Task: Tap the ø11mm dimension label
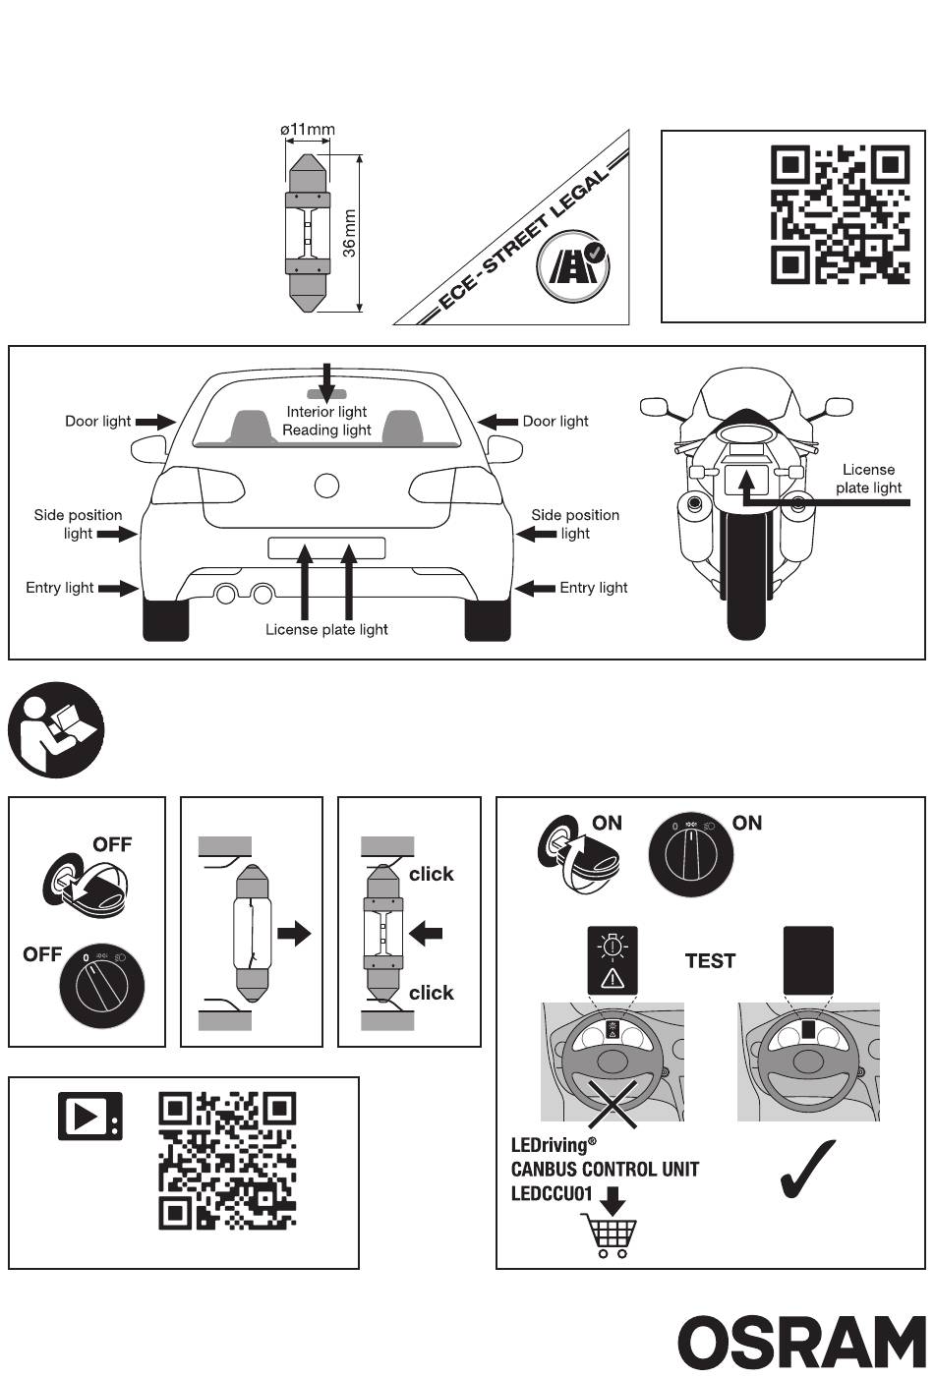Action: coord(308,130)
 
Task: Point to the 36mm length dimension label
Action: coord(349,233)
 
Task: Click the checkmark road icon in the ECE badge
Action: coord(573,265)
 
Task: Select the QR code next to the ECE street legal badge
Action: coord(841,214)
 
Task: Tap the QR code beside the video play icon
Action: coord(228,1161)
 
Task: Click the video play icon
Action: coord(89,1116)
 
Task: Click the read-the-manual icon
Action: coord(56,729)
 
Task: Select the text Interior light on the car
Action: coord(326,412)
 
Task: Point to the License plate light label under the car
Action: coord(326,629)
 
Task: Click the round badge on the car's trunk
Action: coord(326,486)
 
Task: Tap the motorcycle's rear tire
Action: coord(746,575)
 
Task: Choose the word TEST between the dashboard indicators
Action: coord(710,960)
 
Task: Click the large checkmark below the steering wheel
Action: coord(806,1170)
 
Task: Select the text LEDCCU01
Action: coord(552,1193)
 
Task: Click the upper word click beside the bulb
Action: coord(432,874)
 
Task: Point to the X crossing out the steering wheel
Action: coord(613,1104)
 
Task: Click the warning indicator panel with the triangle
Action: coord(613,959)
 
